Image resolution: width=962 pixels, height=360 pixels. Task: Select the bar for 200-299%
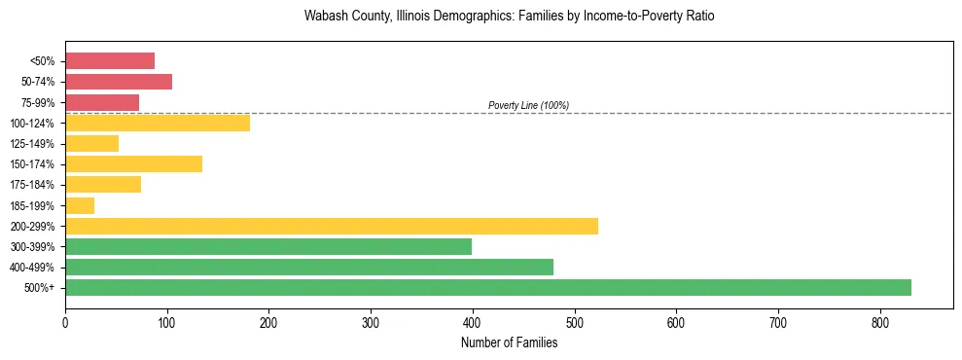point(332,227)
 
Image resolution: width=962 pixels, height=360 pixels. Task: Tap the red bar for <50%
point(110,61)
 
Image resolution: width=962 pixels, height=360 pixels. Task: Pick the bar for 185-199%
point(80,205)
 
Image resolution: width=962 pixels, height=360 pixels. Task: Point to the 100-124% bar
point(158,123)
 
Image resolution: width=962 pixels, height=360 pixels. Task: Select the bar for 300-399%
point(268,247)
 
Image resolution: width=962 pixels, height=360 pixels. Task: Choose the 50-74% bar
point(119,82)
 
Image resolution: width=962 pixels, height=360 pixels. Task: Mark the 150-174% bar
point(133,164)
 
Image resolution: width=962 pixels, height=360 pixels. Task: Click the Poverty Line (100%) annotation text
point(528,105)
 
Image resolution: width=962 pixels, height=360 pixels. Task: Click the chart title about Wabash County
point(509,17)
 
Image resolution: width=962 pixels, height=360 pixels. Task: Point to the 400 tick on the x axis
point(473,322)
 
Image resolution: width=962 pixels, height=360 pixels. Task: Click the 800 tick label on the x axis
point(880,322)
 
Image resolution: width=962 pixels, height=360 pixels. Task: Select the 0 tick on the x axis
point(65,322)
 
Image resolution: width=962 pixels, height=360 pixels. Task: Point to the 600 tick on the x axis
point(676,322)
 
